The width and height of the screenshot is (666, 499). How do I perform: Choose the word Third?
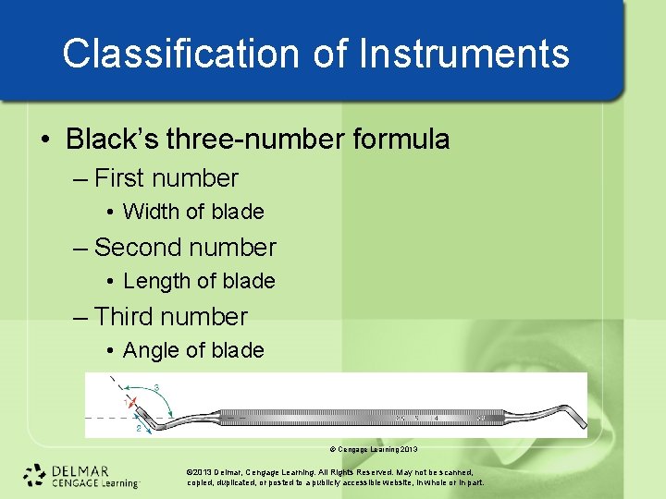125,317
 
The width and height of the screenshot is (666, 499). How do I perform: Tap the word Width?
152,212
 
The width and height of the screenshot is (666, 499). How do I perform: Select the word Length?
157,281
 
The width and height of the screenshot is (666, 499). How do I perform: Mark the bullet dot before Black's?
45,140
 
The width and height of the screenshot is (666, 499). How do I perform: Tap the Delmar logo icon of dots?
35,475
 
